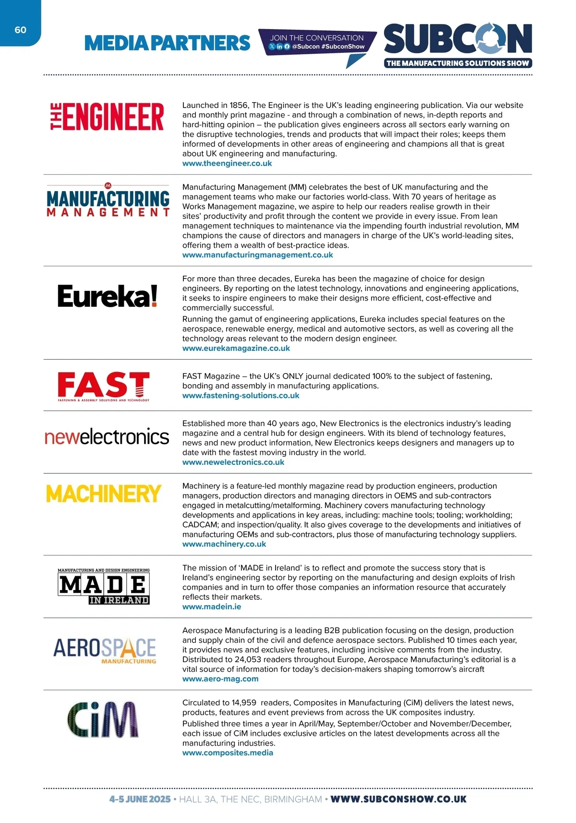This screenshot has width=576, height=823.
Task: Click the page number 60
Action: click(x=21, y=30)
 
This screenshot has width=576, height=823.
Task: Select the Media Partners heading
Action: click(x=167, y=43)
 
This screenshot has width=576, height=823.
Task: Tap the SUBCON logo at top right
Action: click(x=458, y=45)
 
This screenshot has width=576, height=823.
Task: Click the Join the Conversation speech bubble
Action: click(x=317, y=42)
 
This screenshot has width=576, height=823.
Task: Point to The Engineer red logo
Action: click(x=108, y=117)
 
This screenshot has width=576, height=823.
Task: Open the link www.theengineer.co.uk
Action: click(x=227, y=163)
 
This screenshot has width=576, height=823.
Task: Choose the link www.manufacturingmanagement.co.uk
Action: click(x=257, y=255)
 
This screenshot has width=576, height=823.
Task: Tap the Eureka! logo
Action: click(x=108, y=296)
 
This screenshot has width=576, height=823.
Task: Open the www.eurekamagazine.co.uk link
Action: click(x=236, y=348)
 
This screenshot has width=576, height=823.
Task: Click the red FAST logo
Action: click(x=104, y=386)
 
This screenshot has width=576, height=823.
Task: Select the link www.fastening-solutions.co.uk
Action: click(x=240, y=396)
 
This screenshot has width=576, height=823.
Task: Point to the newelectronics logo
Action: click(x=107, y=436)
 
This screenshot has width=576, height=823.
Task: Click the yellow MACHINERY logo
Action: click(x=104, y=494)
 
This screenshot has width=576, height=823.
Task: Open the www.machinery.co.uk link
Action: click(x=224, y=544)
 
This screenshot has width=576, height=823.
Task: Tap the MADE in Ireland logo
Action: click(x=104, y=586)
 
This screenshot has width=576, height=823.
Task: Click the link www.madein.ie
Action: click(x=212, y=607)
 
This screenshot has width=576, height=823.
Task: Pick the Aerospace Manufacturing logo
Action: click(x=105, y=650)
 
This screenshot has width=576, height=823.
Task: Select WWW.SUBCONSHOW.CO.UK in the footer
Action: click(x=398, y=799)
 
